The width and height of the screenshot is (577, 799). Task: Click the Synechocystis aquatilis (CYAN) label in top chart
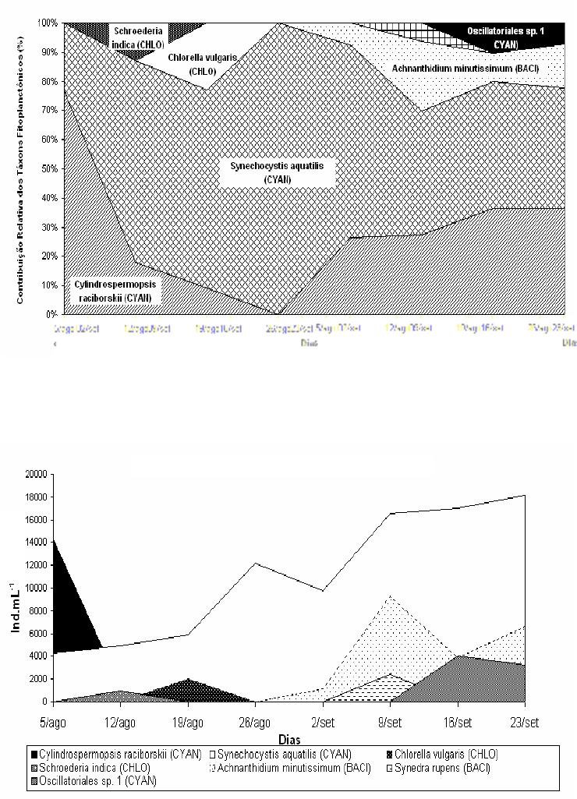[x=265, y=172]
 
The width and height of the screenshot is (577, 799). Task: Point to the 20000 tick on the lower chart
[x=36, y=474]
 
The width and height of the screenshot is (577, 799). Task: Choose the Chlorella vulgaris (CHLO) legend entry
[x=444, y=754]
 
